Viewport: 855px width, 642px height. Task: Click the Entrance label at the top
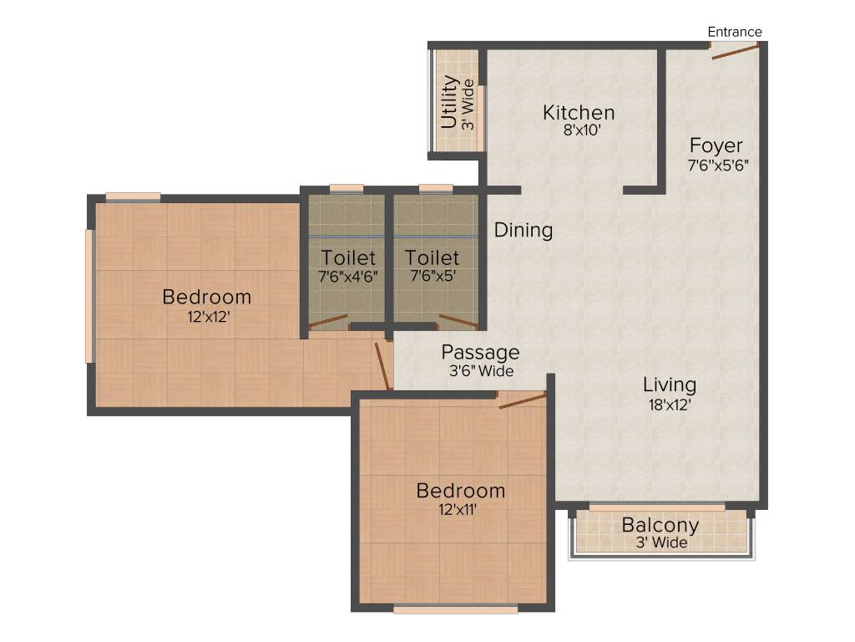tap(735, 32)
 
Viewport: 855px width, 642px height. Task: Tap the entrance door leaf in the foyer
tap(735, 52)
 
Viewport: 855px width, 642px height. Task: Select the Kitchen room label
tap(579, 112)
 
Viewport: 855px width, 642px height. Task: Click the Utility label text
tap(449, 101)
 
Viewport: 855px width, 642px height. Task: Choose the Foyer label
tap(716, 146)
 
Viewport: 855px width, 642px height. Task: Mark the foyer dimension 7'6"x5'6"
tap(717, 165)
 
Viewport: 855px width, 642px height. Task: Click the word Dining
tap(524, 230)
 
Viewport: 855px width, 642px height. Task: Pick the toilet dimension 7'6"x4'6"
tap(348, 276)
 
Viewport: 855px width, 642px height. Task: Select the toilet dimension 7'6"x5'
tap(433, 276)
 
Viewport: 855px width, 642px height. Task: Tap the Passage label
tap(480, 353)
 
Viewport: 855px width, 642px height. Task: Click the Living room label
tap(670, 385)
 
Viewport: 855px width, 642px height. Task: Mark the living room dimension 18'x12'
tap(670, 404)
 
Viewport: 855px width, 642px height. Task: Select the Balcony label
tap(660, 525)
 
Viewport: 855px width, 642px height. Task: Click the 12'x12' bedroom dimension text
tap(206, 316)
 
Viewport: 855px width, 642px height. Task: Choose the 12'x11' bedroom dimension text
tap(460, 509)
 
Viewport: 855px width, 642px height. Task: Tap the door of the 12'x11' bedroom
tap(522, 400)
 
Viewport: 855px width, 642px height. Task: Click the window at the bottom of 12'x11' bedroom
tap(455, 610)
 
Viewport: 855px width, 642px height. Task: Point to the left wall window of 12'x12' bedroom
tap(89, 296)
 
